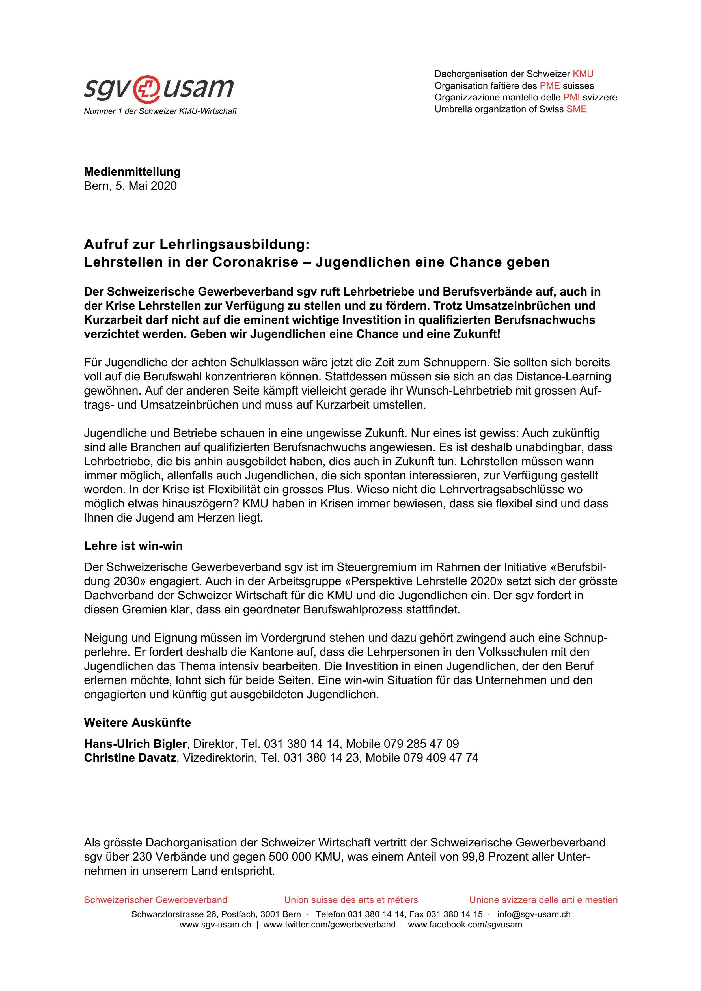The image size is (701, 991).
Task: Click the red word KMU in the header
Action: tap(583, 74)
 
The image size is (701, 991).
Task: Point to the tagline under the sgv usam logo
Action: tap(160, 111)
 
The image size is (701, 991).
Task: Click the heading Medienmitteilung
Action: tap(132, 172)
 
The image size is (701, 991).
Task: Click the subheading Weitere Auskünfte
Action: tap(137, 723)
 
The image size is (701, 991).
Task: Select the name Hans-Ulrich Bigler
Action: tap(135, 744)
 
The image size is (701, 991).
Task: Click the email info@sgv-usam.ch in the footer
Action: tap(534, 914)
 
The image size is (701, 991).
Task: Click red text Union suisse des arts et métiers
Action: tap(351, 900)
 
